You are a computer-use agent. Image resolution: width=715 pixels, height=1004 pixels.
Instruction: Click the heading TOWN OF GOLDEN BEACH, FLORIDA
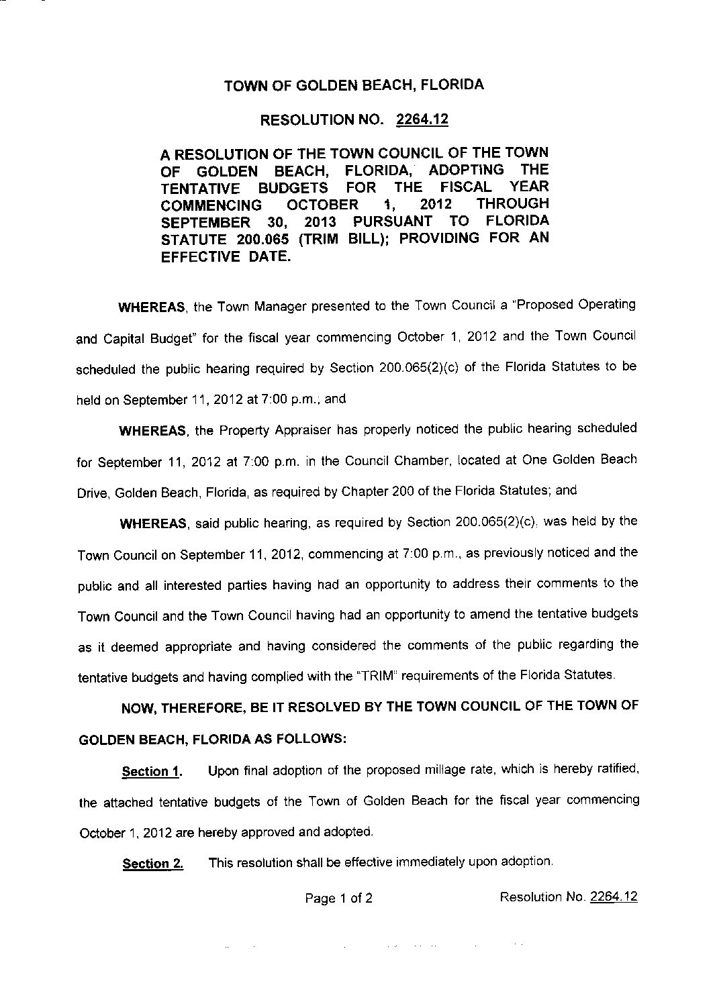click(353, 85)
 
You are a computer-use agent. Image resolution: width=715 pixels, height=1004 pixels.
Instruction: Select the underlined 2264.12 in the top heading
click(422, 120)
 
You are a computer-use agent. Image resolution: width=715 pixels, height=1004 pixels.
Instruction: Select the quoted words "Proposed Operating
click(572, 305)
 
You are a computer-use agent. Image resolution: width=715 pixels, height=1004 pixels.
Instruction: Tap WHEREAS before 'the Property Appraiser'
click(154, 431)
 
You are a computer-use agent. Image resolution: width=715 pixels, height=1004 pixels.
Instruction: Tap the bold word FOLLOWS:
click(315, 739)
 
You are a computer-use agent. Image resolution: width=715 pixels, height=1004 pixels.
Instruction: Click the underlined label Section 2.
click(152, 864)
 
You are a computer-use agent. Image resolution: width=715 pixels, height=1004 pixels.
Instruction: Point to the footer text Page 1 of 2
click(339, 898)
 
